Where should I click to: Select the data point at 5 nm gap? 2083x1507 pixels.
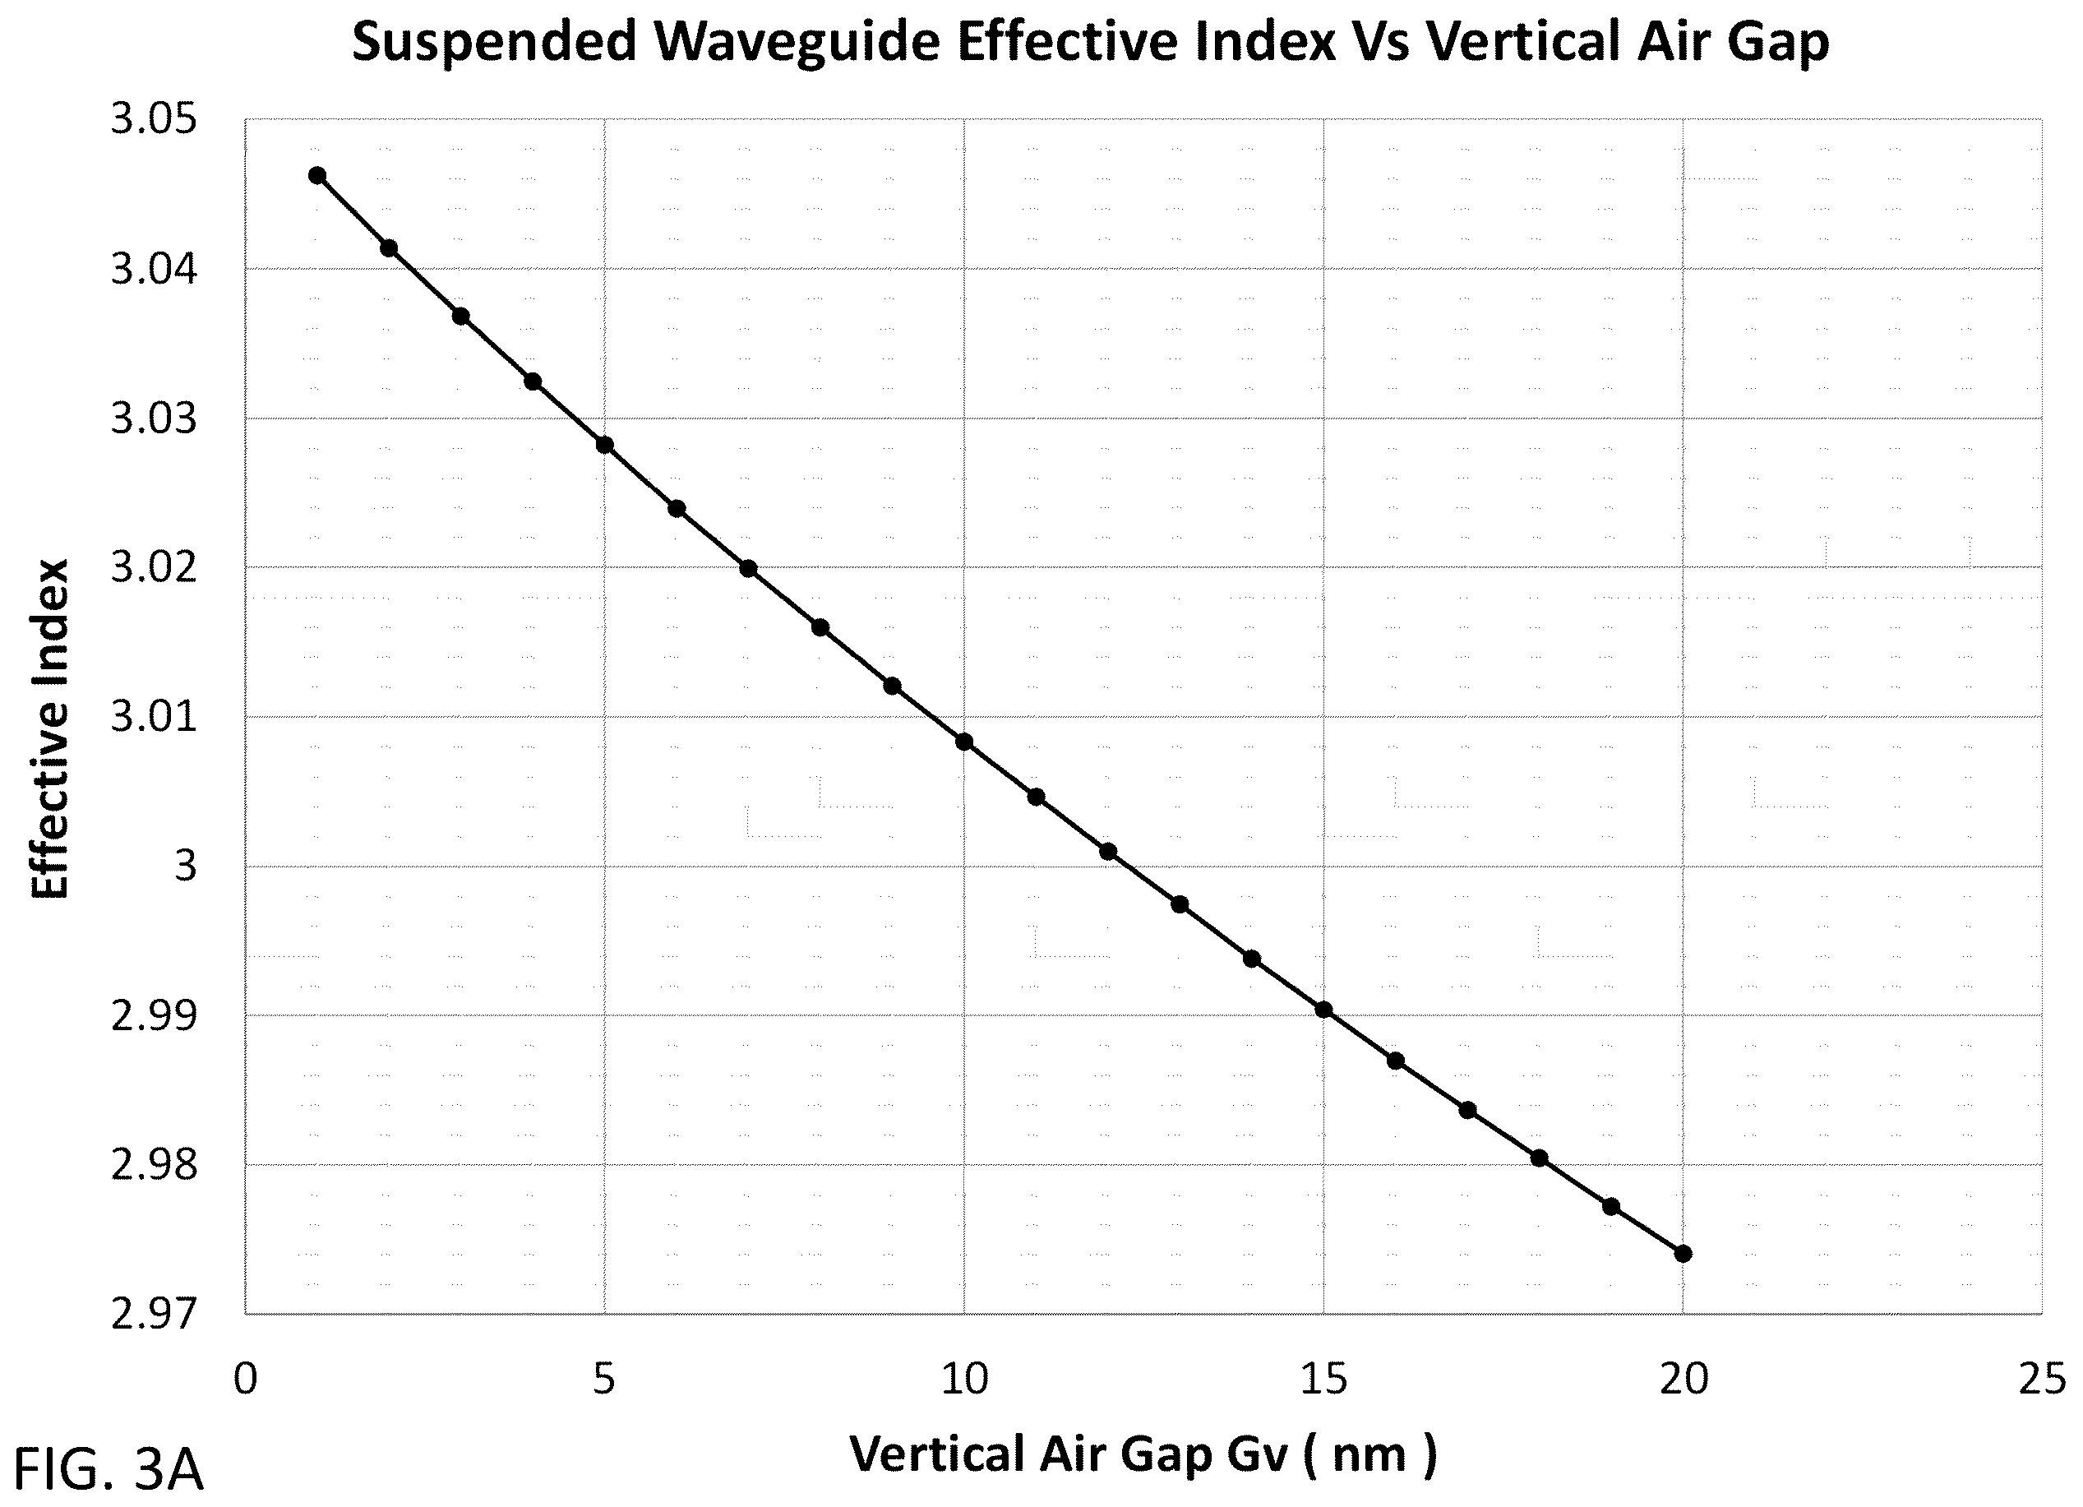pos(604,446)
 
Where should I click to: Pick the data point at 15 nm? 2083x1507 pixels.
pos(1323,1010)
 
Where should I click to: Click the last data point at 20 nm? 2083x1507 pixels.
pos(1683,1255)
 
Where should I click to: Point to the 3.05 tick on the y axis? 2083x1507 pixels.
pos(155,120)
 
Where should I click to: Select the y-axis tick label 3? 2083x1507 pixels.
pos(187,867)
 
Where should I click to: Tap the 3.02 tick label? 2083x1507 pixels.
pos(155,568)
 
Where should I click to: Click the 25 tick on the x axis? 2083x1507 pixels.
pos(2042,1380)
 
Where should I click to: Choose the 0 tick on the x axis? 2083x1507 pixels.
pos(245,1380)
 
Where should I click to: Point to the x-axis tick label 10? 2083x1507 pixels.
pos(964,1380)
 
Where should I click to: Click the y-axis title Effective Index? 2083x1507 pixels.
pos(50,729)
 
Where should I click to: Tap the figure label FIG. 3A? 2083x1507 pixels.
pos(109,1470)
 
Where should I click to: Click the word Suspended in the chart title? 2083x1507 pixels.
pos(494,42)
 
